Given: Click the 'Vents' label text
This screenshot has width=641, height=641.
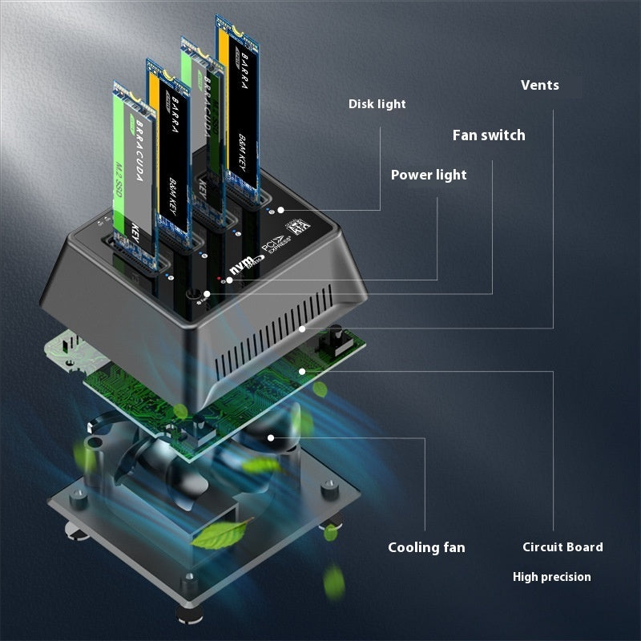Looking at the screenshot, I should tap(539, 85).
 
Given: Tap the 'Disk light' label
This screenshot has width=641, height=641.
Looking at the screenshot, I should tap(377, 104).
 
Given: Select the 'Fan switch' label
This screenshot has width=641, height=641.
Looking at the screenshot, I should tap(489, 135).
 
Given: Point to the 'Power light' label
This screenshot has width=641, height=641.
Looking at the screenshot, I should tap(428, 175).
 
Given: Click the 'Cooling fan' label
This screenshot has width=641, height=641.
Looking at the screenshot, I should tap(426, 547).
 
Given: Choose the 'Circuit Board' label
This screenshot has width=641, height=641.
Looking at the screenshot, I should tap(562, 547).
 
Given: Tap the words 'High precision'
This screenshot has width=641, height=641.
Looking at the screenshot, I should tap(551, 577).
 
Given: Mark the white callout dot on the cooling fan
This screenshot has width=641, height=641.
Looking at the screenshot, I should tap(272, 437).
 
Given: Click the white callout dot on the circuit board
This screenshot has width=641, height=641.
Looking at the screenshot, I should tap(301, 370).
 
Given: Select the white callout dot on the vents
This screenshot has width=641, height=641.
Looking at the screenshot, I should tap(302, 328).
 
